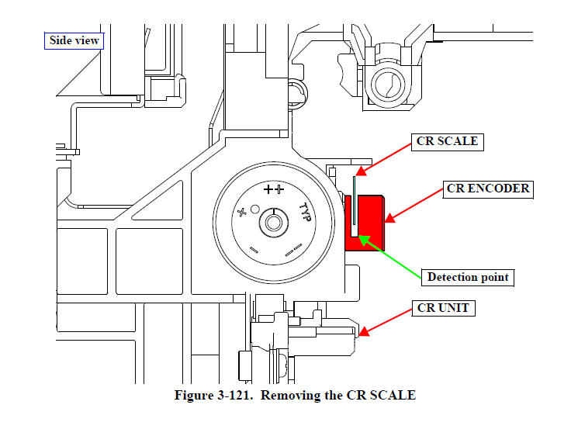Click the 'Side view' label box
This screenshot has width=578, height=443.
pyautogui.click(x=74, y=40)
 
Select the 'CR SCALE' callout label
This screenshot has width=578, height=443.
pyautogui.click(x=447, y=142)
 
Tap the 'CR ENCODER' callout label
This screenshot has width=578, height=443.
pyautogui.click(x=488, y=189)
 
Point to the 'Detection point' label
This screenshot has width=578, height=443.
pyautogui.click(x=469, y=277)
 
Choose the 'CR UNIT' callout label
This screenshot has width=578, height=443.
pyautogui.click(x=443, y=308)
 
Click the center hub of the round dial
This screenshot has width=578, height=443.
pyautogui.click(x=272, y=223)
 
